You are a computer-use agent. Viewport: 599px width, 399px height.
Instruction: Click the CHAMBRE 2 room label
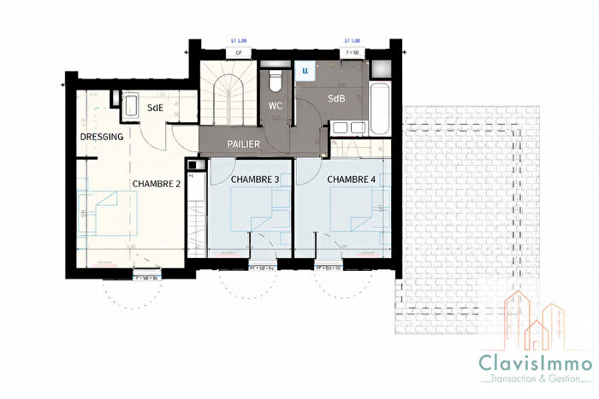click(x=156, y=183)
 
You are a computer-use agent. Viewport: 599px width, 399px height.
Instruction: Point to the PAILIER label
click(x=244, y=144)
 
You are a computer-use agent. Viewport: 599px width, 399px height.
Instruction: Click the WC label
click(x=275, y=106)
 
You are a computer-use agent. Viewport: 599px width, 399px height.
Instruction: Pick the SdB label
click(x=336, y=99)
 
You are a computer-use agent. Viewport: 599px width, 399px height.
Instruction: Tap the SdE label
click(x=156, y=108)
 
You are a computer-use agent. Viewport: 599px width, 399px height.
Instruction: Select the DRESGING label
click(x=103, y=137)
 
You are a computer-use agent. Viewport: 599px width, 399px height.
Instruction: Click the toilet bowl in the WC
click(x=275, y=82)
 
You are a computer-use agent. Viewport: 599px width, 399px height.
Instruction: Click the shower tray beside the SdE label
click(x=133, y=106)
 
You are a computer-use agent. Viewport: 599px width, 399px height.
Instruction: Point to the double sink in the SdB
click(x=346, y=128)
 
